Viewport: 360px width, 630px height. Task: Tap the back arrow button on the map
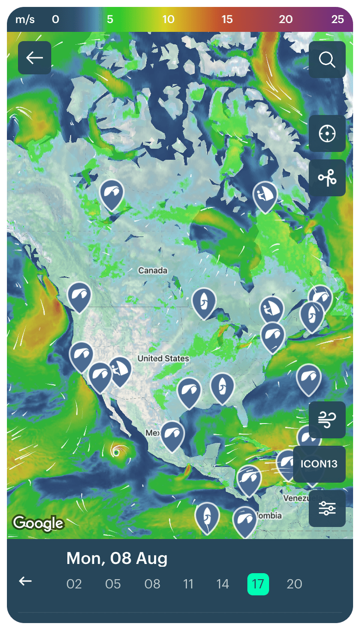[35, 58]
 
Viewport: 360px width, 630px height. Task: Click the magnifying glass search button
[327, 60]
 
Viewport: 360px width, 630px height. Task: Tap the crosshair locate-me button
[327, 133]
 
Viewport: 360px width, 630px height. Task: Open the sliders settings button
[327, 509]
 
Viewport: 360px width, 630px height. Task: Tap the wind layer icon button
[327, 420]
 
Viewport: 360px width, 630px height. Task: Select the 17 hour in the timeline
[258, 584]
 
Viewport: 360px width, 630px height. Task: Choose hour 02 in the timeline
[74, 584]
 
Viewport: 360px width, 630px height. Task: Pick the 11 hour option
[188, 584]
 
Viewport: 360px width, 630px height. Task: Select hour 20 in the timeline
[294, 584]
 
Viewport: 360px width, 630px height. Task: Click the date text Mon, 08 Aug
[117, 558]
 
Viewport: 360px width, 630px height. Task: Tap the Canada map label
[153, 271]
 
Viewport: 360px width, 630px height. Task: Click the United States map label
[163, 358]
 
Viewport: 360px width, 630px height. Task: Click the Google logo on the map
[38, 523]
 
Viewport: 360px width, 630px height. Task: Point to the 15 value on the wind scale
[227, 19]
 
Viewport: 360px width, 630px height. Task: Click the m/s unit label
[25, 19]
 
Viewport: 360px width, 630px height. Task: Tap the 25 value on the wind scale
[337, 19]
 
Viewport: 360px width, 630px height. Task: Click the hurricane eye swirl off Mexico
[117, 452]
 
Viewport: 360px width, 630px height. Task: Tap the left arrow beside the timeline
[25, 581]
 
